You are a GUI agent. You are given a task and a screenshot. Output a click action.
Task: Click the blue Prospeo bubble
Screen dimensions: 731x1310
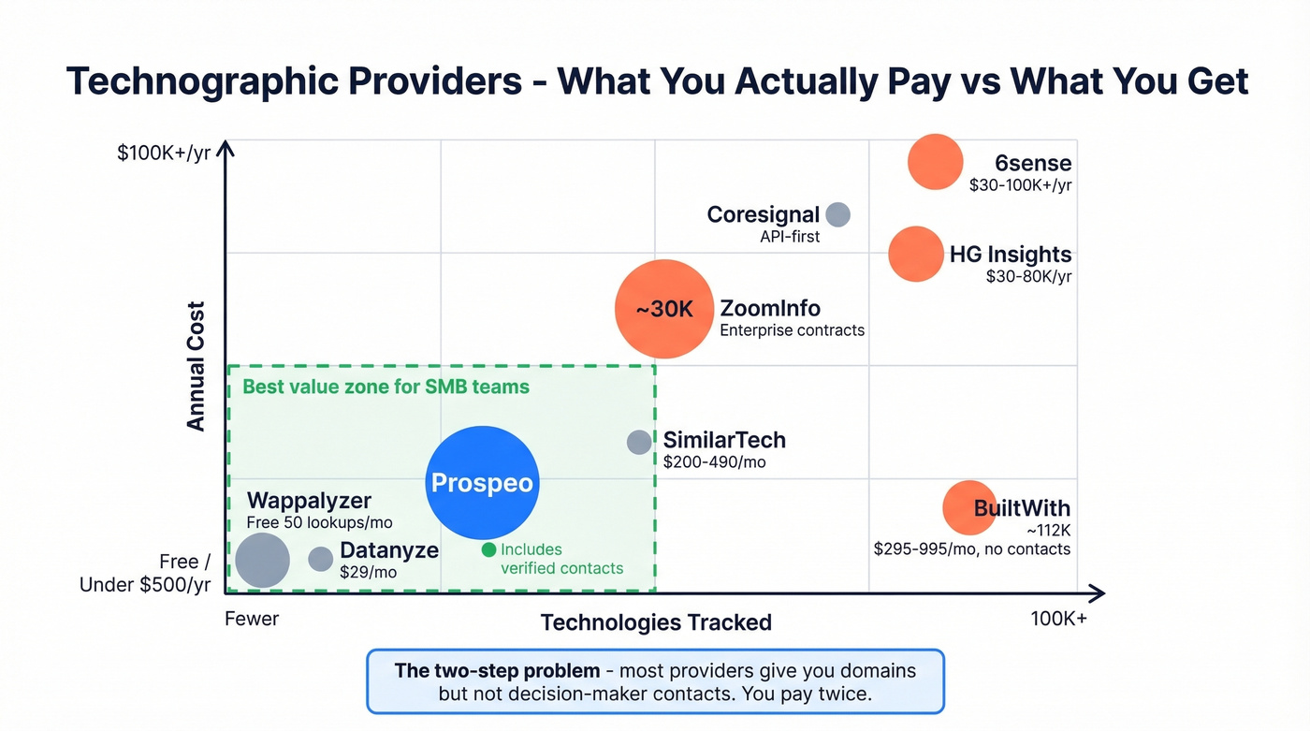(482, 483)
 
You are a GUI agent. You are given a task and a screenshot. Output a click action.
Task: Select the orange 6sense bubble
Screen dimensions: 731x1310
(935, 162)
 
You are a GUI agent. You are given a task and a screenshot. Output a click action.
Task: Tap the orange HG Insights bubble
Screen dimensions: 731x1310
(915, 254)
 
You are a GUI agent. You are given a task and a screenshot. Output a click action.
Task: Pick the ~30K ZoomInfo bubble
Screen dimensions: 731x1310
(663, 309)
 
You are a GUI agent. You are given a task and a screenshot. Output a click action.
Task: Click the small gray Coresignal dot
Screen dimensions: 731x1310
(837, 214)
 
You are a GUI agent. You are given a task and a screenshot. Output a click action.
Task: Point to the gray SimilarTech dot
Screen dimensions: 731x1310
(639, 442)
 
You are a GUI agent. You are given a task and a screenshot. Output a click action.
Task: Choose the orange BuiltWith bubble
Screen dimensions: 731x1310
(968, 507)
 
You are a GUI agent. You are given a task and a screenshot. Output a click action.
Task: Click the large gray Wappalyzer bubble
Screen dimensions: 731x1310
(262, 560)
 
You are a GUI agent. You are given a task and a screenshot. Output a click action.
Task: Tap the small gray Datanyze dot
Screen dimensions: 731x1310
(321, 559)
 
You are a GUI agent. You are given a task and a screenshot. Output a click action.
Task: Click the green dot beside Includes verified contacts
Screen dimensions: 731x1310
(488, 549)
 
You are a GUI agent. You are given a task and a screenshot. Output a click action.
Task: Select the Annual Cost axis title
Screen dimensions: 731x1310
(196, 366)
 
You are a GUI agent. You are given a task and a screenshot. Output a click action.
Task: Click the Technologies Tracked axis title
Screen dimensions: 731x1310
(656, 622)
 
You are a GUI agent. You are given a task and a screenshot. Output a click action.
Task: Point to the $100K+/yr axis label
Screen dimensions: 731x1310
(164, 154)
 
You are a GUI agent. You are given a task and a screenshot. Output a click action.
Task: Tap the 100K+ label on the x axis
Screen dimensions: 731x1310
(1058, 619)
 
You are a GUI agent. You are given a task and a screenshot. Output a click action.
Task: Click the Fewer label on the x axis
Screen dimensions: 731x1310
(252, 619)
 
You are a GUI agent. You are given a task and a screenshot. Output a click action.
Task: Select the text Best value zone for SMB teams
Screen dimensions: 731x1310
(386, 387)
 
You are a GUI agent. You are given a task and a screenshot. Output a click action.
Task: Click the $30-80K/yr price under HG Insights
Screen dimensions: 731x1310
(1028, 277)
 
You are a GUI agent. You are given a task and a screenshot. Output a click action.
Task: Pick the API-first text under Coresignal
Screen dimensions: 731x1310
(790, 237)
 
